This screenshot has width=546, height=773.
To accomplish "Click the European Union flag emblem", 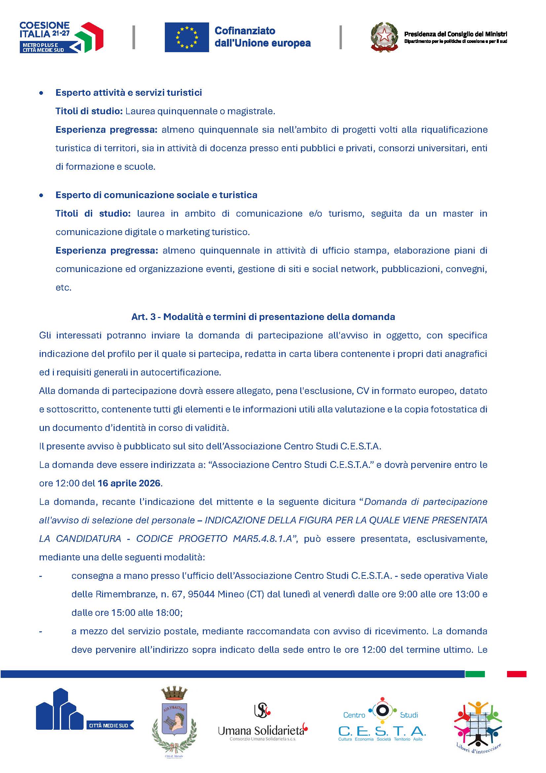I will click(187, 37).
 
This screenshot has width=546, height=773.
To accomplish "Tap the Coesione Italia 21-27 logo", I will click(61, 37).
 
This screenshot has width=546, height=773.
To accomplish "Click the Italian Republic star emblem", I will click(384, 37).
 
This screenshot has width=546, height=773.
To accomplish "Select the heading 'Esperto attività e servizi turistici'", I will click(129, 92).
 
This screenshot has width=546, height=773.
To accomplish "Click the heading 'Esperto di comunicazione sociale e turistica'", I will click(156, 195).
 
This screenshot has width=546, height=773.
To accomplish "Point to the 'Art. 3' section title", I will click(263, 317).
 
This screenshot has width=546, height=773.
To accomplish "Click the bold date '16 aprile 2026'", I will click(129, 483).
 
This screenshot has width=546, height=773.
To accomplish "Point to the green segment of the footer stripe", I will click(475, 674).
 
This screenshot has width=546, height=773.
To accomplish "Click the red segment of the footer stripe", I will click(516, 674).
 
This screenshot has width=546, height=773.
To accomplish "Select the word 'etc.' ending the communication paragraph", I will click(64, 288).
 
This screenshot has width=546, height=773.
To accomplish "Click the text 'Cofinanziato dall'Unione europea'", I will click(262, 37).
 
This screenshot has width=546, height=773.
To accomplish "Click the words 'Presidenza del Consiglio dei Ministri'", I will click(455, 34).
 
